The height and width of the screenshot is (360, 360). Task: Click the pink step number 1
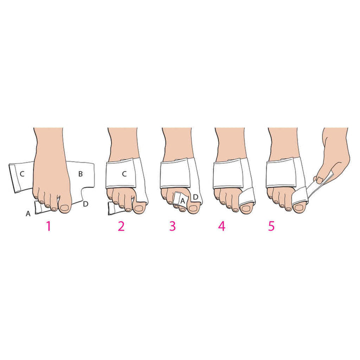(x=48, y=226)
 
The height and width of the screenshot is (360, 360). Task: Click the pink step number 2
(x=121, y=226)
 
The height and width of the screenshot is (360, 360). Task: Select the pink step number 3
(x=172, y=226)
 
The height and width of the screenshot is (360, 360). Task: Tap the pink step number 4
(x=221, y=226)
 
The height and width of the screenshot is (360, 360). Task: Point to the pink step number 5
(x=271, y=226)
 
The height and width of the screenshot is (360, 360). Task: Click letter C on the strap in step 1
(x=21, y=174)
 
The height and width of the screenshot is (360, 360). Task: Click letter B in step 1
(x=80, y=173)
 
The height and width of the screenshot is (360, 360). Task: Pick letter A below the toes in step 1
(x=27, y=213)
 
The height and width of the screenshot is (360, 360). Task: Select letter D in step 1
(x=85, y=203)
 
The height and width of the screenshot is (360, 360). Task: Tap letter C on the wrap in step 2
(x=124, y=174)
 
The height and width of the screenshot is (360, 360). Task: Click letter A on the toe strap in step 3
(x=183, y=200)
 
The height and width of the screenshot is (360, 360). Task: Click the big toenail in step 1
(x=66, y=204)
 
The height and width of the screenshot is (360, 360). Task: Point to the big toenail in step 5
(x=298, y=205)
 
